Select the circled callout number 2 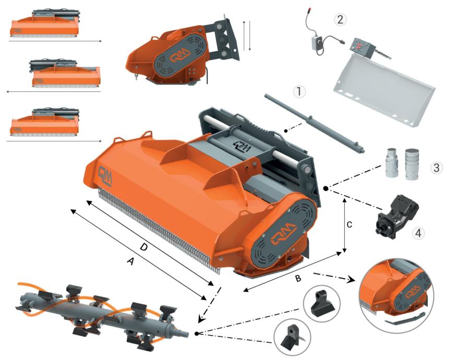pos(340,19)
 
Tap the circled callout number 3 pos(436,167)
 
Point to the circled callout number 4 pos(418,233)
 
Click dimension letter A pos(130,261)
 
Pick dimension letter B pos(298,278)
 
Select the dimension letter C pos(350,224)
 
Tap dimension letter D pos(143,248)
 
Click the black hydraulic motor pos(397,214)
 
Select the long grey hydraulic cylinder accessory pos(315,123)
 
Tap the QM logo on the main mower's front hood pos(105,175)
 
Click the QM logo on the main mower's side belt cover pos(283,233)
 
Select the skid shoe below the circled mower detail pos(405,318)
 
